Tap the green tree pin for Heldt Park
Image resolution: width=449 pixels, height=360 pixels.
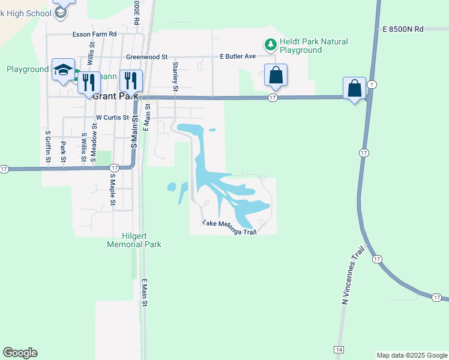(270, 44)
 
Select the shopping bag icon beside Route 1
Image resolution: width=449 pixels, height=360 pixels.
(355, 88)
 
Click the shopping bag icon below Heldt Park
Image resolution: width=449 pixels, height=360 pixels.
(276, 75)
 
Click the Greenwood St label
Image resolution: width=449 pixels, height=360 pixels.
(147, 57)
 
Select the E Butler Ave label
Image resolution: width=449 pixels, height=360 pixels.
(238, 56)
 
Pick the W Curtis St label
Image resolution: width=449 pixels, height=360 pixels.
(113, 118)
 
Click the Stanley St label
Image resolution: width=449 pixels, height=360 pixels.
(175, 76)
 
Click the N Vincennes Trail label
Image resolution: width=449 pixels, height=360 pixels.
(345, 282)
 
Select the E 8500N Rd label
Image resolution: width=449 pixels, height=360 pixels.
(403, 29)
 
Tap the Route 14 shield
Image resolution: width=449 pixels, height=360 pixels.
(339, 349)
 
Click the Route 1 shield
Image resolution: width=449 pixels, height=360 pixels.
(372, 84)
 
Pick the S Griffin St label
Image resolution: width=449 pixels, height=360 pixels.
(47, 146)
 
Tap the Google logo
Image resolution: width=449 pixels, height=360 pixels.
(20, 353)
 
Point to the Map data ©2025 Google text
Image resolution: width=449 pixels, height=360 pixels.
(411, 355)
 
